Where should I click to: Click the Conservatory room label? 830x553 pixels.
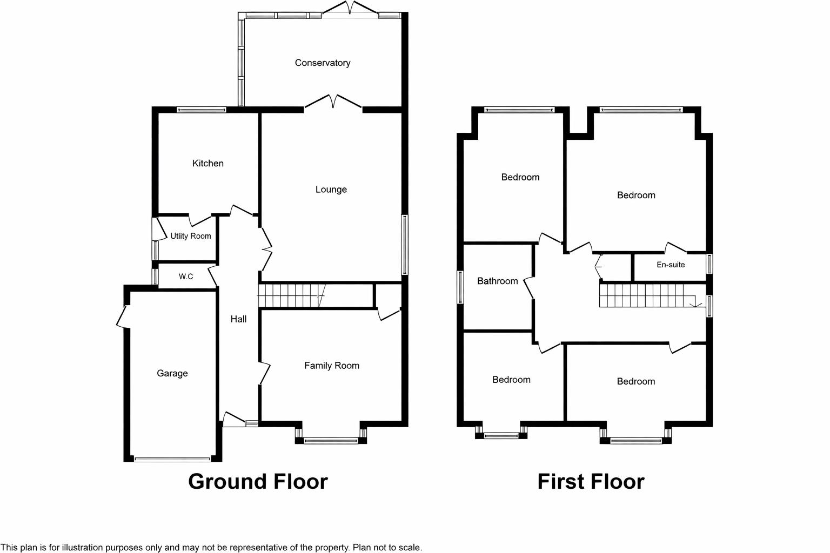[x=323, y=63]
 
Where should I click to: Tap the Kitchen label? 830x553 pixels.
[x=207, y=163]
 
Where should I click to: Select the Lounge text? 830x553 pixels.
[x=331, y=190]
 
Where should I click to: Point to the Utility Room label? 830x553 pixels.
[x=190, y=236]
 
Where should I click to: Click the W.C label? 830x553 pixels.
[x=186, y=276]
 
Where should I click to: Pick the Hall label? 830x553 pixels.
[x=238, y=319]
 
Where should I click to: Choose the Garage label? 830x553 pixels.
[x=172, y=373]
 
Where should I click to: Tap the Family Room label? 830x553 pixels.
[x=331, y=366]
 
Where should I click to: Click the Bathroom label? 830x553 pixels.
[x=497, y=281]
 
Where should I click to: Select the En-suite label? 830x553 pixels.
[x=671, y=265]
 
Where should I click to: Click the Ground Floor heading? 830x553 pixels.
[x=258, y=482]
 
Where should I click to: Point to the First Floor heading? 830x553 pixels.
[x=591, y=482]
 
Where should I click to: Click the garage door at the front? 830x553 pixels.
[x=172, y=460]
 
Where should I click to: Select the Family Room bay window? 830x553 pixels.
[x=331, y=441]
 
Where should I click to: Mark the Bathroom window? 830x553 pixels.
[x=460, y=287]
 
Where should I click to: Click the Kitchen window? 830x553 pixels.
[x=201, y=110]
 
